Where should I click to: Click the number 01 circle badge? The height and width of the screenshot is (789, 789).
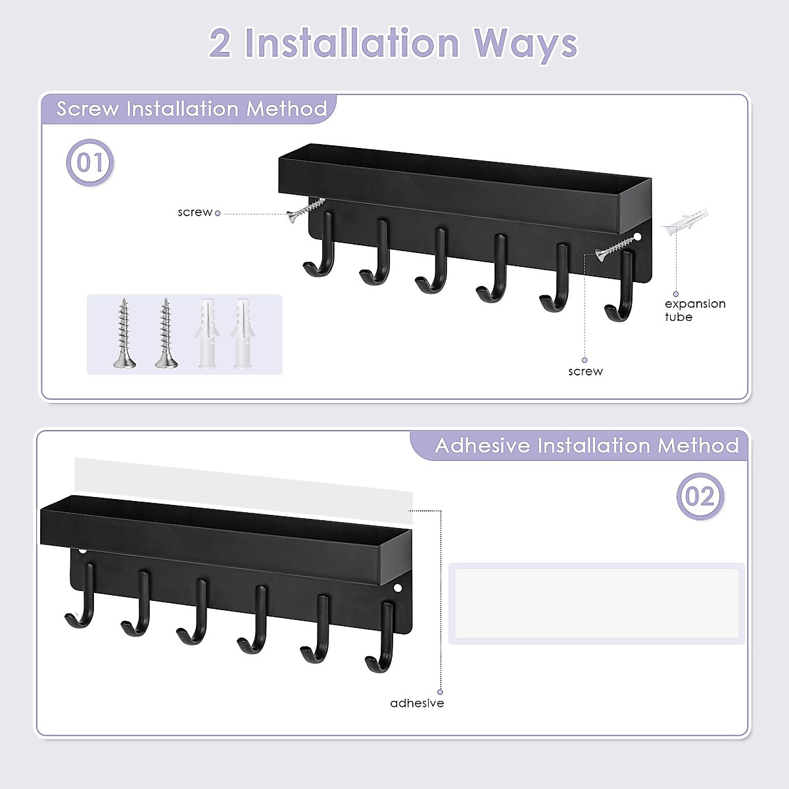click(90, 162)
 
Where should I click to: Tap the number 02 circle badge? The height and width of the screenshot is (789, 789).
click(700, 496)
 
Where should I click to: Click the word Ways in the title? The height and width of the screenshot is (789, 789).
click(525, 44)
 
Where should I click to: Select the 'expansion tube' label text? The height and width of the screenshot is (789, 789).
click(694, 310)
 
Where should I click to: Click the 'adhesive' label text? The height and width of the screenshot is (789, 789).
click(417, 703)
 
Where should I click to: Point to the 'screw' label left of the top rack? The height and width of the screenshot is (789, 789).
click(195, 212)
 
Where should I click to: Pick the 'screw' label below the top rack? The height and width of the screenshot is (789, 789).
click(585, 371)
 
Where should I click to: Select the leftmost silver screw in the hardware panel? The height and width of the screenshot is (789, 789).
click(124, 333)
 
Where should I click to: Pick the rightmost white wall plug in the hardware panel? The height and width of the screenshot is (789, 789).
click(241, 333)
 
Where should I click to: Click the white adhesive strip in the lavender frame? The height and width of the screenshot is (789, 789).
click(596, 603)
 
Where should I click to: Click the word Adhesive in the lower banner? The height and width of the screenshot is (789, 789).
click(482, 446)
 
